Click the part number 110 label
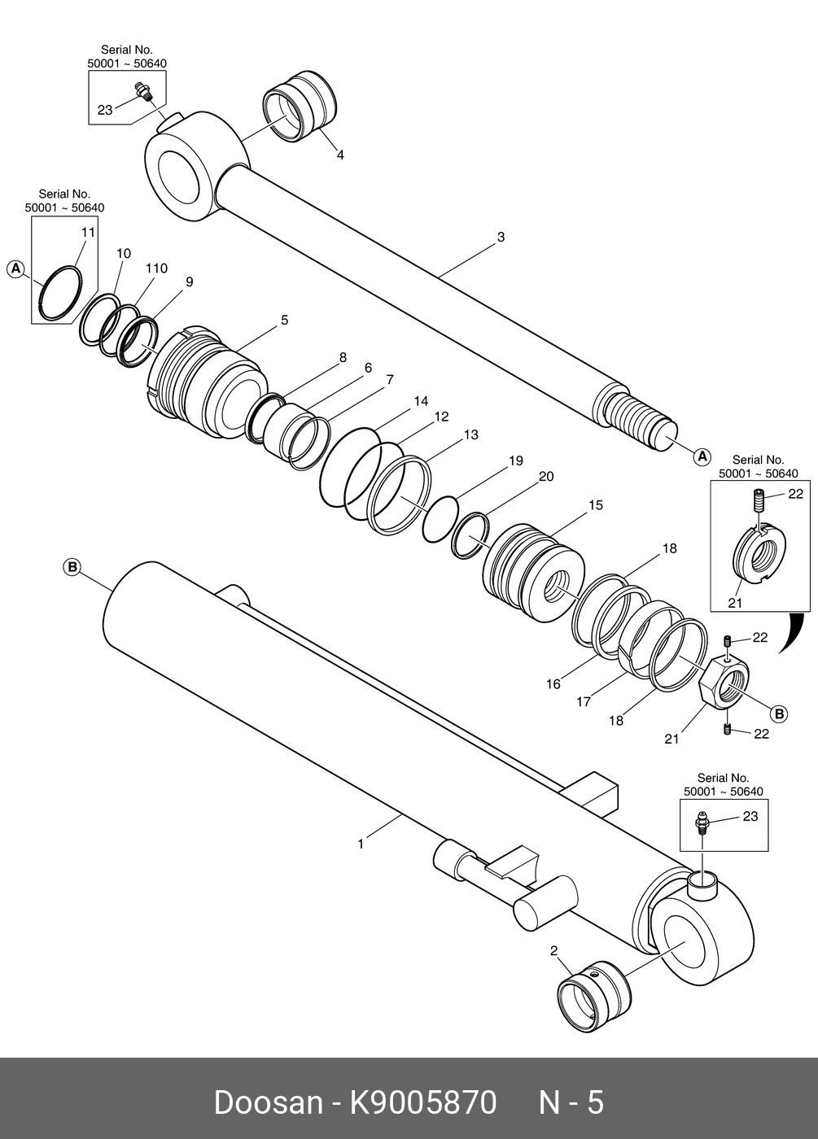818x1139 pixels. pos(156,268)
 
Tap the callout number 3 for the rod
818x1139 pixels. pos(501,237)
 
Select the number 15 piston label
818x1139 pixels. pos(596,505)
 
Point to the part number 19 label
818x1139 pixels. pos(516,460)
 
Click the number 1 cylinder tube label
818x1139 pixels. pos(361,844)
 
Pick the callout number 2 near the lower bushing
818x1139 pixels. pos(554,950)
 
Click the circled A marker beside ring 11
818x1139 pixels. pos(15,268)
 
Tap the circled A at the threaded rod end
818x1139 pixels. pos(702,456)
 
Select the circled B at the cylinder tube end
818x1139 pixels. pos(72,566)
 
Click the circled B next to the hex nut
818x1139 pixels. pos(779,714)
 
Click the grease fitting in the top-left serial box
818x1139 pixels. pos(145,92)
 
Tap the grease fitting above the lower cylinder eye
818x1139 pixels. pos(702,823)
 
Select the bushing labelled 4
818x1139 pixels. pos(300,107)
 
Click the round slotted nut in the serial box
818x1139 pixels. pos(760,555)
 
